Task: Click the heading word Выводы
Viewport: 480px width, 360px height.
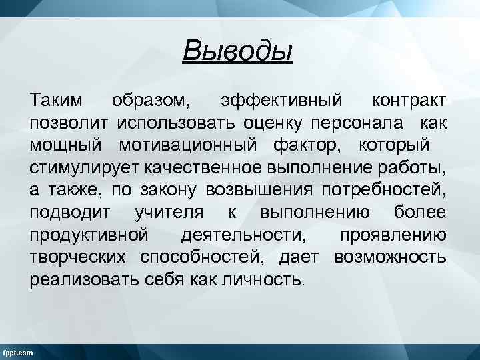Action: pos(238,50)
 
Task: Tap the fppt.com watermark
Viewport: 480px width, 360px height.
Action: pos(18,352)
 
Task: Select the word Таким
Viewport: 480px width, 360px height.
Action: pos(57,101)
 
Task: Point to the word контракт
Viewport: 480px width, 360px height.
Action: pos(409,101)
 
